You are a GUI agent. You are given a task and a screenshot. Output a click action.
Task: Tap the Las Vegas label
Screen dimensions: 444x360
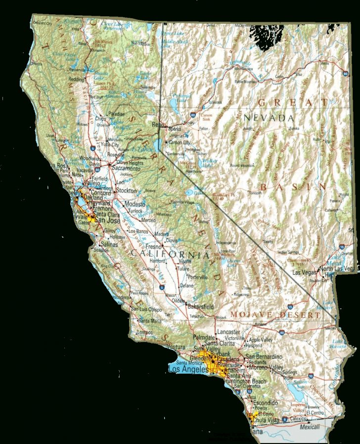tap(305, 273)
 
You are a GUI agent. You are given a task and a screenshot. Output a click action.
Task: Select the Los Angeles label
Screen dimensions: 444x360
tap(187, 369)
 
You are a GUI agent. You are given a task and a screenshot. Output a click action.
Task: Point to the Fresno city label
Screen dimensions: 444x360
tap(153, 246)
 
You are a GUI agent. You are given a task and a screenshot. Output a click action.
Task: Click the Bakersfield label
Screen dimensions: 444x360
tap(203, 307)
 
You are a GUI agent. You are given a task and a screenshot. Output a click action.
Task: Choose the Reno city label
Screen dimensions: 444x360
tap(157, 125)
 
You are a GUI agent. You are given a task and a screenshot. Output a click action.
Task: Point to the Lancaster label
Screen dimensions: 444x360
tap(228, 332)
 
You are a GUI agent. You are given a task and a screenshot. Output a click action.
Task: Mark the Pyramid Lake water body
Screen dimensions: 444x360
tap(176, 102)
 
